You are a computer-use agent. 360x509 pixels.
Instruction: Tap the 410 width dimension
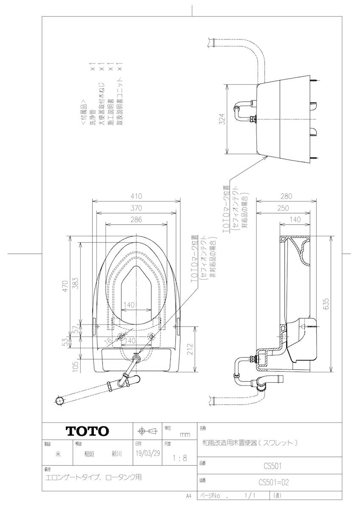click(x=136, y=196)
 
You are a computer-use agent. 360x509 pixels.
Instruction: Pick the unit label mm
click(x=185, y=434)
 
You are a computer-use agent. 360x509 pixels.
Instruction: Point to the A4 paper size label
click(x=189, y=495)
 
